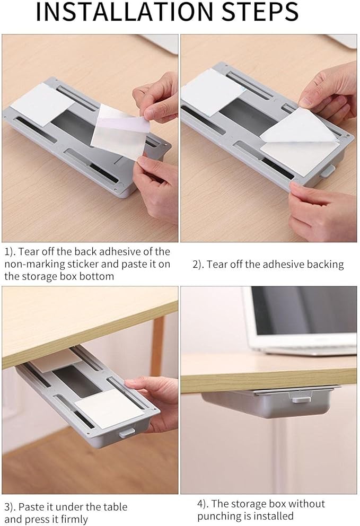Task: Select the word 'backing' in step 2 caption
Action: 325,265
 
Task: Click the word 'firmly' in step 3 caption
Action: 74,519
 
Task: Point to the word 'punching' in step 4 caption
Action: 218,516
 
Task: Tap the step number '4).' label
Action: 203,504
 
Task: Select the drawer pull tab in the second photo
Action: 327,171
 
